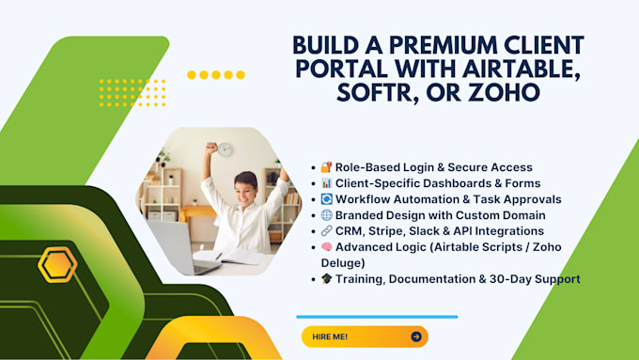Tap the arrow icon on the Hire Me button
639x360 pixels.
(x=415, y=337)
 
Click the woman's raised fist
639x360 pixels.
(x=213, y=148)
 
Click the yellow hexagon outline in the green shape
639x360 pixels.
(x=57, y=265)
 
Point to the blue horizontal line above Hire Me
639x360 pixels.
(x=376, y=317)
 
